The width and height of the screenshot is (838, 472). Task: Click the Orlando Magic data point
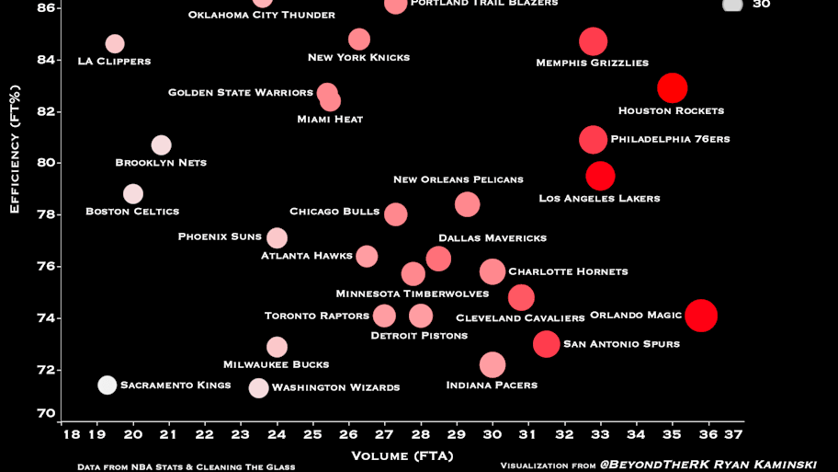click(x=701, y=316)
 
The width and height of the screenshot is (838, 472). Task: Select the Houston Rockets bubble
click(x=673, y=88)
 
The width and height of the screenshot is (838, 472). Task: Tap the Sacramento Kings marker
click(x=108, y=385)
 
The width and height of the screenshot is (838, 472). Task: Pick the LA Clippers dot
click(x=115, y=44)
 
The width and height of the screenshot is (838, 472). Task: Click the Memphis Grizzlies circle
click(x=594, y=41)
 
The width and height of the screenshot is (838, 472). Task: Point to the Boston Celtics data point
click(x=133, y=194)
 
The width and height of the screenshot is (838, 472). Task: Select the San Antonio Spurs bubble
click(x=547, y=344)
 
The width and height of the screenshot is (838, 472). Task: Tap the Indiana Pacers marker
click(x=493, y=365)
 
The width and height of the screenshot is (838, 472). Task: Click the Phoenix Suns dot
click(x=277, y=238)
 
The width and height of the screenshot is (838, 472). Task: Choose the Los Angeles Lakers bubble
click(x=600, y=176)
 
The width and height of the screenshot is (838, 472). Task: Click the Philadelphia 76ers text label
click(x=670, y=139)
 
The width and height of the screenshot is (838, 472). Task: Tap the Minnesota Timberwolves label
click(x=413, y=294)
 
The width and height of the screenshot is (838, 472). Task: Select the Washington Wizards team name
click(x=336, y=387)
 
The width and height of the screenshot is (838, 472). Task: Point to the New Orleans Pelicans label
click(x=459, y=179)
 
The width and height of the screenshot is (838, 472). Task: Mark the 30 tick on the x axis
click(x=493, y=434)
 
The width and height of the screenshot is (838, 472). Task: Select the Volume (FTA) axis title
click(x=402, y=455)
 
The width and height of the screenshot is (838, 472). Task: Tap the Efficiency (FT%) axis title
click(x=15, y=149)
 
